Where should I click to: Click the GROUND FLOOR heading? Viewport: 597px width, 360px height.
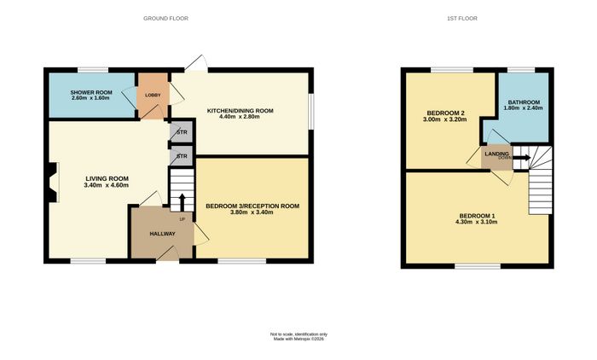click(x=165, y=18)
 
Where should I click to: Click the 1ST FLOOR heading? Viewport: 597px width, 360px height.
click(x=462, y=18)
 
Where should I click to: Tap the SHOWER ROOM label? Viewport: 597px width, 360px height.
click(x=91, y=93)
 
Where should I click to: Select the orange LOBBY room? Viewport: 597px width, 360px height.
click(x=153, y=96)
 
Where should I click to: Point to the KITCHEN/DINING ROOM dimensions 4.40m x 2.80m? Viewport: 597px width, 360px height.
click(x=240, y=117)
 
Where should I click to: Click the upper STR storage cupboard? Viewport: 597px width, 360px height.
click(x=182, y=132)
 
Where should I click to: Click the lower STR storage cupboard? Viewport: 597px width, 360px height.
click(x=182, y=156)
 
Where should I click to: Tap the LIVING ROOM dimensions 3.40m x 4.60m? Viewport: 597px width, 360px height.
click(x=107, y=185)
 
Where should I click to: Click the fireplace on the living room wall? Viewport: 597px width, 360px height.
click(x=53, y=183)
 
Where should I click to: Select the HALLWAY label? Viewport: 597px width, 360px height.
click(x=162, y=234)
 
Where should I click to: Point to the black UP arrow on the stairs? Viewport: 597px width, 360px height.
click(x=182, y=203)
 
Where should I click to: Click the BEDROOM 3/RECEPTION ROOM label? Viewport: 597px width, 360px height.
click(x=252, y=206)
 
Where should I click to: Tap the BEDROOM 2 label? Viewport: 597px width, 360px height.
click(x=445, y=113)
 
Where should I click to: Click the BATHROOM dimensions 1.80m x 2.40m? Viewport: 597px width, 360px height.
click(x=523, y=108)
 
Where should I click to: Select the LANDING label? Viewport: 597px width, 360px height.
click(x=496, y=154)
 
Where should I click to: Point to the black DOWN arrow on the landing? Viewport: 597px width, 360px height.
click(x=522, y=157)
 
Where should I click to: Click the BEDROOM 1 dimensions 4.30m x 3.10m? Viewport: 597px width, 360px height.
click(x=476, y=222)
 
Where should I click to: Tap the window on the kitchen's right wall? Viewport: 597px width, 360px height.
click(x=311, y=112)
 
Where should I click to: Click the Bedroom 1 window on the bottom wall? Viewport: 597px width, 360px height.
click(x=478, y=266)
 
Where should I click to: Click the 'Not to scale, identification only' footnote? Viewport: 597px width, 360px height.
click(x=298, y=334)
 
